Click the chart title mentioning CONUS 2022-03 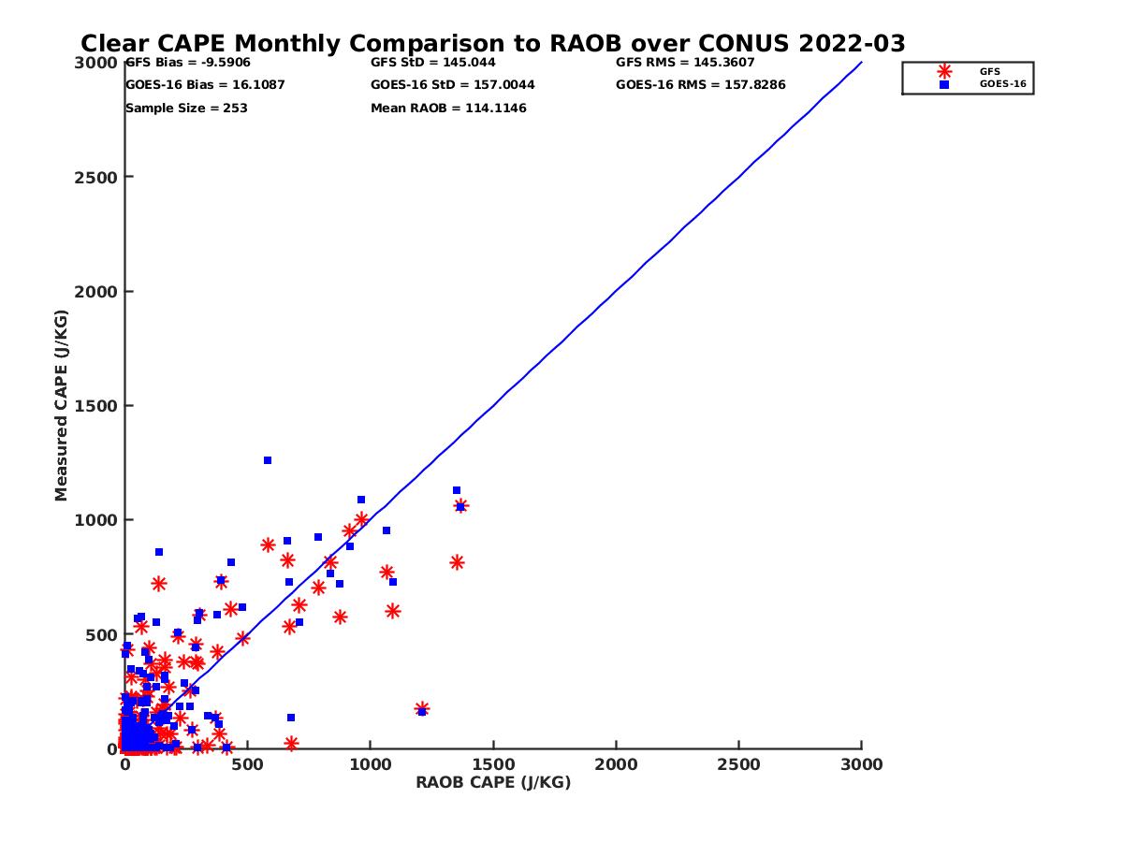493,44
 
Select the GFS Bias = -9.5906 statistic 188,63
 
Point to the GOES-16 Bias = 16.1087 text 205,84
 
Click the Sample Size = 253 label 186,108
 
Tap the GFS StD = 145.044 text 433,63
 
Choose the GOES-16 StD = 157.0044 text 453,84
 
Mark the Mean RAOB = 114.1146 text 448,108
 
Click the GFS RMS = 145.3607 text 685,63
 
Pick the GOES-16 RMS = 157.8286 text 701,84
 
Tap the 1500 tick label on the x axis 493,764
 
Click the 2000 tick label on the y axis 95,291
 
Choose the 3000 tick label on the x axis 862,764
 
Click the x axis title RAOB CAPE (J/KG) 493,783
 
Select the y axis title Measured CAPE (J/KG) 62,405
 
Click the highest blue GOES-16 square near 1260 268,460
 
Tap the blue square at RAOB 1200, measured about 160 422,712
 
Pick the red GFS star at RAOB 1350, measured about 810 457,562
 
